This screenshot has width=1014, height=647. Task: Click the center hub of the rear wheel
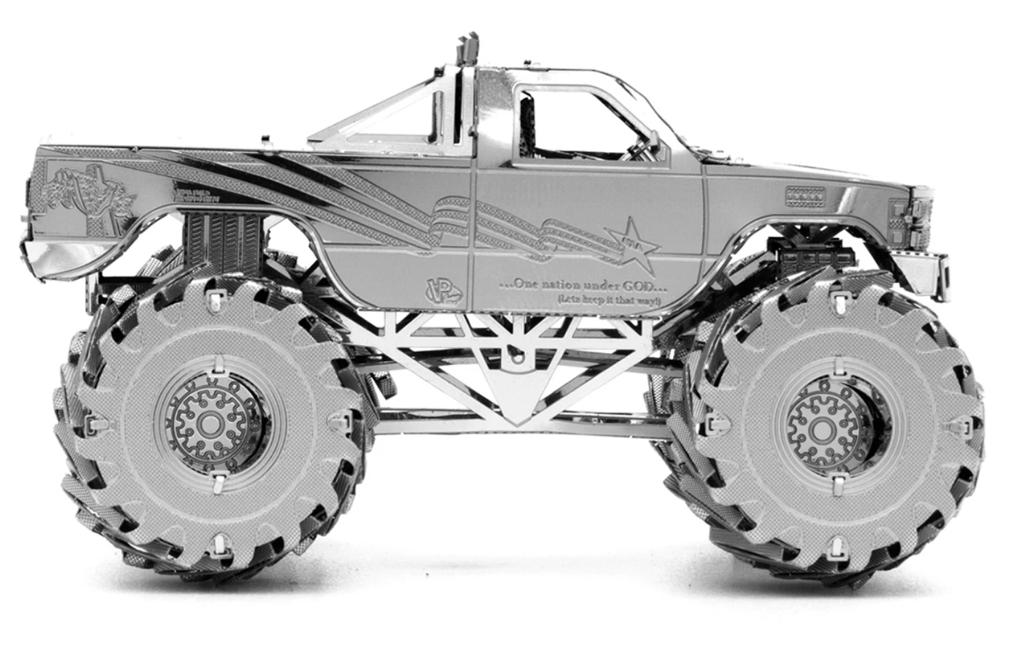(210, 423)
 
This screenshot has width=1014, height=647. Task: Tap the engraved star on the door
(632, 239)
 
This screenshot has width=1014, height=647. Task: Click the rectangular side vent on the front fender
(806, 194)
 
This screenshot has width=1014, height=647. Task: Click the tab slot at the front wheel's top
(840, 302)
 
